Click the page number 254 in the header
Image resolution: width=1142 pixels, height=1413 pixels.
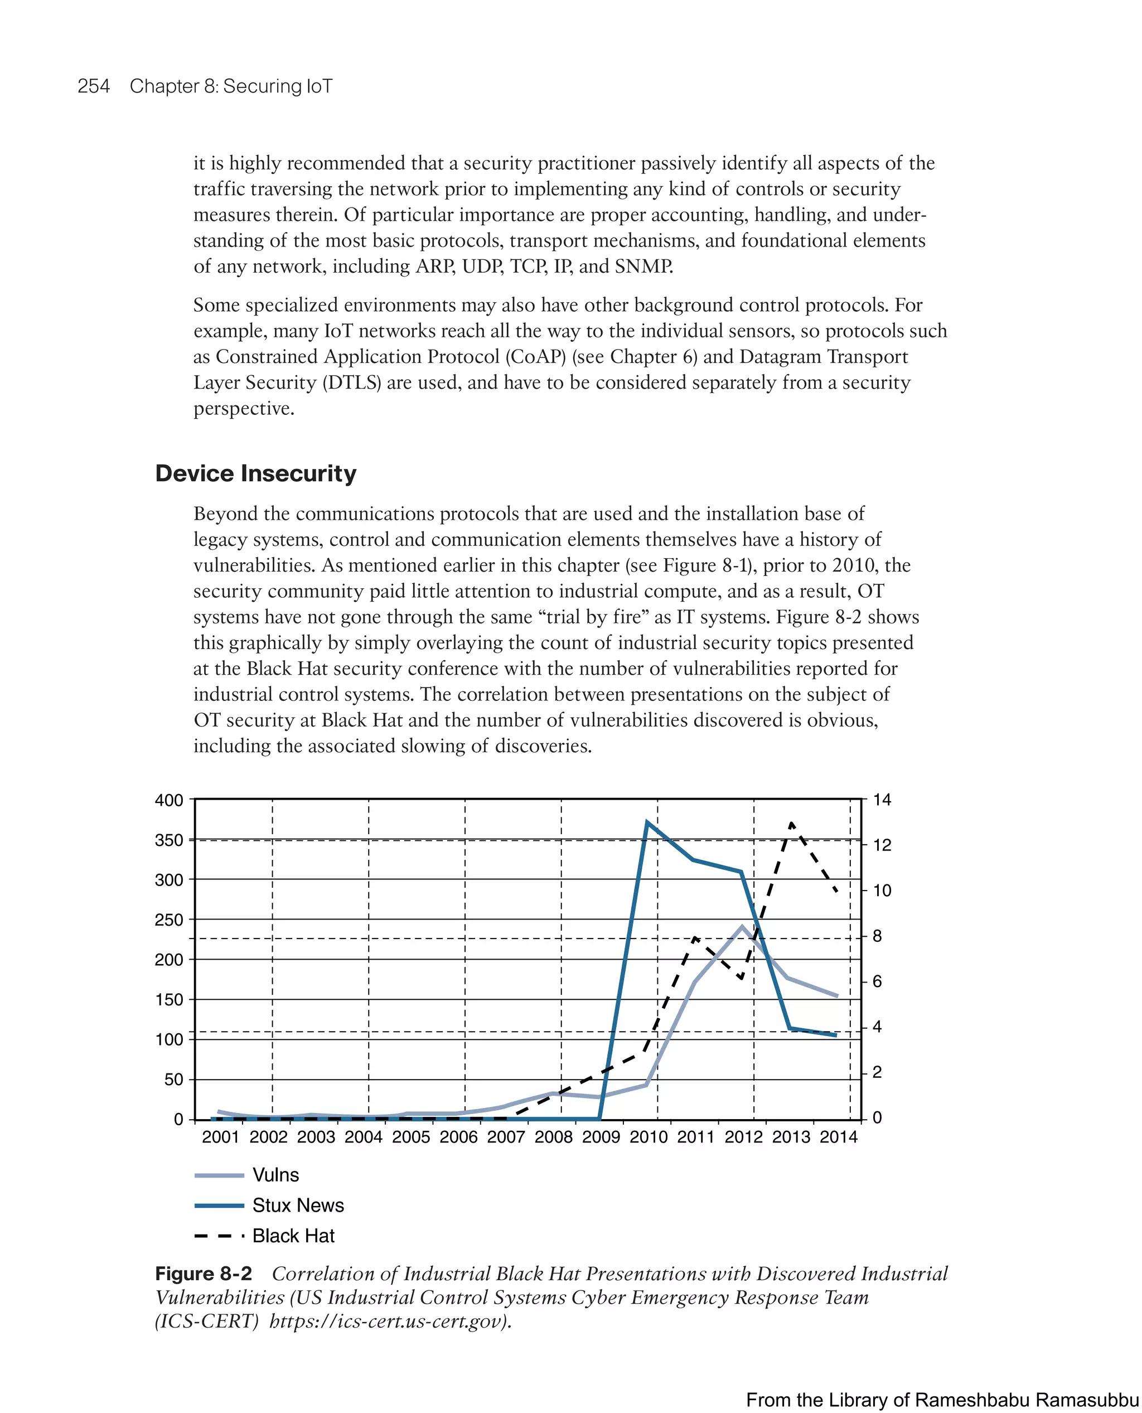point(94,86)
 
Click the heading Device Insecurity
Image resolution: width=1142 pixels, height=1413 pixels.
point(255,473)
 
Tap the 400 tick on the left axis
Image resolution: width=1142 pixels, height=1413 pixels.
point(169,800)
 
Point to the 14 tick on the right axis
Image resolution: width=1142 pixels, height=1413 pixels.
point(882,800)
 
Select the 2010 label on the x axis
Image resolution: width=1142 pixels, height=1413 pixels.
point(648,1137)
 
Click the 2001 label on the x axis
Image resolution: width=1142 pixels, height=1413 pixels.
point(220,1137)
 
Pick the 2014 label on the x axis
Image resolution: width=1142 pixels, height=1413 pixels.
point(838,1137)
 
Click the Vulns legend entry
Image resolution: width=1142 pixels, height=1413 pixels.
point(275,1175)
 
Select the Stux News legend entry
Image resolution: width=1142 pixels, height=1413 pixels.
point(298,1205)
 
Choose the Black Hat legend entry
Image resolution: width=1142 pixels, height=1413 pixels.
point(293,1236)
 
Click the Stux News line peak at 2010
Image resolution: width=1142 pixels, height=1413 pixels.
point(647,822)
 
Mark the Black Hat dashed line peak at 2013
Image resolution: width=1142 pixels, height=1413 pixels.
point(791,824)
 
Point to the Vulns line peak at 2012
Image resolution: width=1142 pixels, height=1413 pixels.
point(743,927)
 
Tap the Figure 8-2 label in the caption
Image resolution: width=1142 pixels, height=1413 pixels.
point(204,1274)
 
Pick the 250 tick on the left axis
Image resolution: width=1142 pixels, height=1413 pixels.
point(169,920)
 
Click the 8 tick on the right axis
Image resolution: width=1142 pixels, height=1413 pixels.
point(877,936)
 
